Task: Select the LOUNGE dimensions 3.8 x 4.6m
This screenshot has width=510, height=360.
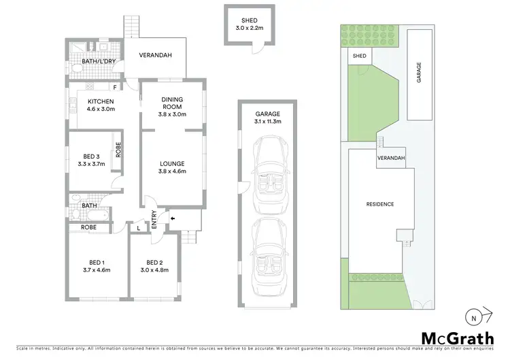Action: point(172,171)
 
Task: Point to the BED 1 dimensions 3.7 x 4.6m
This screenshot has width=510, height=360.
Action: point(96,270)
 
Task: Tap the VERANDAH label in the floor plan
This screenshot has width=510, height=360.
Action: point(154,56)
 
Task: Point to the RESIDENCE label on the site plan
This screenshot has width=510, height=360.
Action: point(379,204)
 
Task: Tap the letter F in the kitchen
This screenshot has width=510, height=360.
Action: point(116,87)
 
